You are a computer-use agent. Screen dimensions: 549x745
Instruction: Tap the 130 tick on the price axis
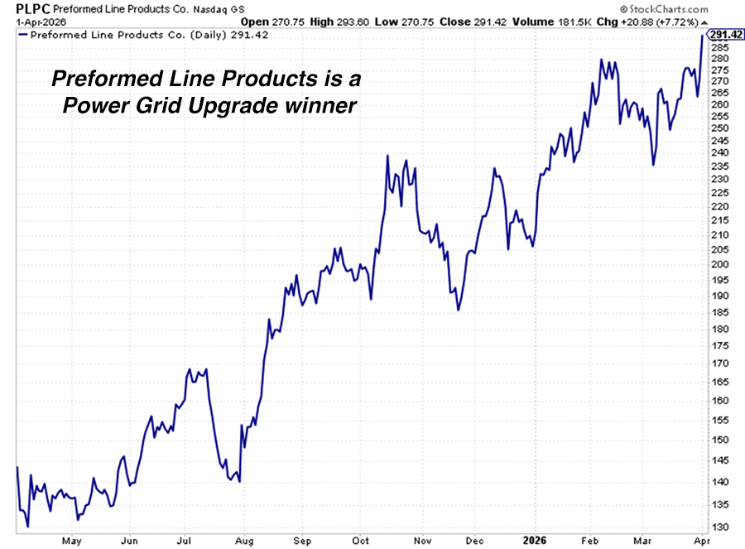click(720, 527)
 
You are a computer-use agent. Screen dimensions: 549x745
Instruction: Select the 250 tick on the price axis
click(720, 128)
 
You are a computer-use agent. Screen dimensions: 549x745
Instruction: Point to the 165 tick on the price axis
click(720, 381)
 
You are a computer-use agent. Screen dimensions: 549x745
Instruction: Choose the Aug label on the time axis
click(243, 541)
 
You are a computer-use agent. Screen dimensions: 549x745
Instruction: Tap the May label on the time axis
click(71, 541)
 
